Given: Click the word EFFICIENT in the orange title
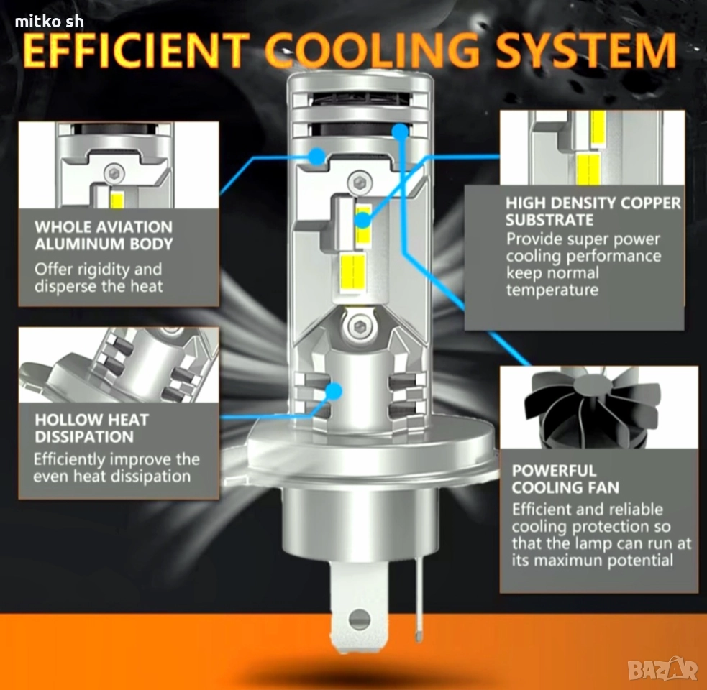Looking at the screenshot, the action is pyautogui.click(x=135, y=50).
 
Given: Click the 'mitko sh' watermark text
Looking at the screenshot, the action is pyautogui.click(x=49, y=21).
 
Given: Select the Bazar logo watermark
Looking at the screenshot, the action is pyautogui.click(x=663, y=669).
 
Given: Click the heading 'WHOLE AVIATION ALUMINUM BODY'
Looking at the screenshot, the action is pyautogui.click(x=104, y=235).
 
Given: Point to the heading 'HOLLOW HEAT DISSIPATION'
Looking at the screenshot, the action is pyautogui.click(x=91, y=428).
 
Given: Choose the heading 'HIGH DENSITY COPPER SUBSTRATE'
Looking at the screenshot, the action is pyautogui.click(x=593, y=211).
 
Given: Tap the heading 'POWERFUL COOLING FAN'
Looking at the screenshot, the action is pyautogui.click(x=565, y=479).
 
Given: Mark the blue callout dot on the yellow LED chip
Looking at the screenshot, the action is pyautogui.click(x=362, y=221).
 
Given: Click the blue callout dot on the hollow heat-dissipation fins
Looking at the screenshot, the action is pyautogui.click(x=334, y=391).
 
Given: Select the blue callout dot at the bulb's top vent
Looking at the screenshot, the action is pyautogui.click(x=400, y=132).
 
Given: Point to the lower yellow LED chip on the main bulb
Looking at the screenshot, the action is pyautogui.click(x=352, y=272).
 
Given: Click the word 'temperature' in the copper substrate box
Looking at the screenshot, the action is pyautogui.click(x=552, y=290).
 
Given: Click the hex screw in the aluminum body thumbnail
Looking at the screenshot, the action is pyautogui.click(x=114, y=173).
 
